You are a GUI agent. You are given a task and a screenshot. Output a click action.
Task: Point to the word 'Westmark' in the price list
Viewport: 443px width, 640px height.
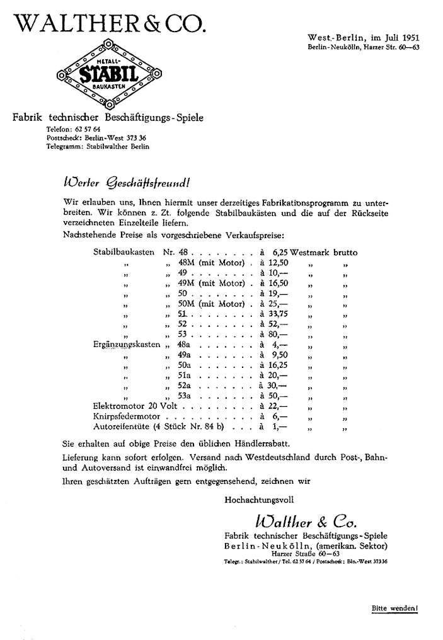(310, 252)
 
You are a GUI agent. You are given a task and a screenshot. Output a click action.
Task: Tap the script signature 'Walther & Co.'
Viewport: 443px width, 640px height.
(305, 522)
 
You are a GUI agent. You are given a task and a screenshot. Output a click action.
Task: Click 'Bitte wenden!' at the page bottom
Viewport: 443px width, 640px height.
(394, 609)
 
